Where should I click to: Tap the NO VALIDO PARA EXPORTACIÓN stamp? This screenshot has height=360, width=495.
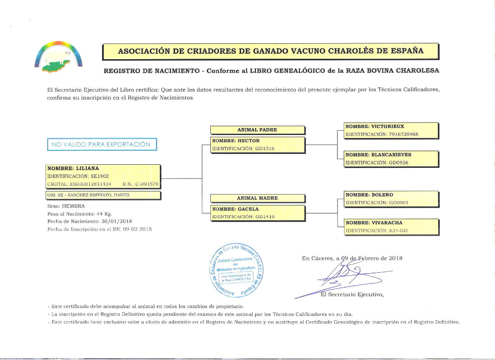click(x=102, y=144)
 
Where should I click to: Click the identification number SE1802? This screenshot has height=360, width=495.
click(x=92, y=176)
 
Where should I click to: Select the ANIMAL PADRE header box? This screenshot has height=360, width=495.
click(x=257, y=130)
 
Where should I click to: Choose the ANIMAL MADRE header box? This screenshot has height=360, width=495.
click(x=257, y=198)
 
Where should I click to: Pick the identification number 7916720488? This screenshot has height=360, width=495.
click(x=399, y=135)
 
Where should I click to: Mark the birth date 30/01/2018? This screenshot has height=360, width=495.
click(x=116, y=222)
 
